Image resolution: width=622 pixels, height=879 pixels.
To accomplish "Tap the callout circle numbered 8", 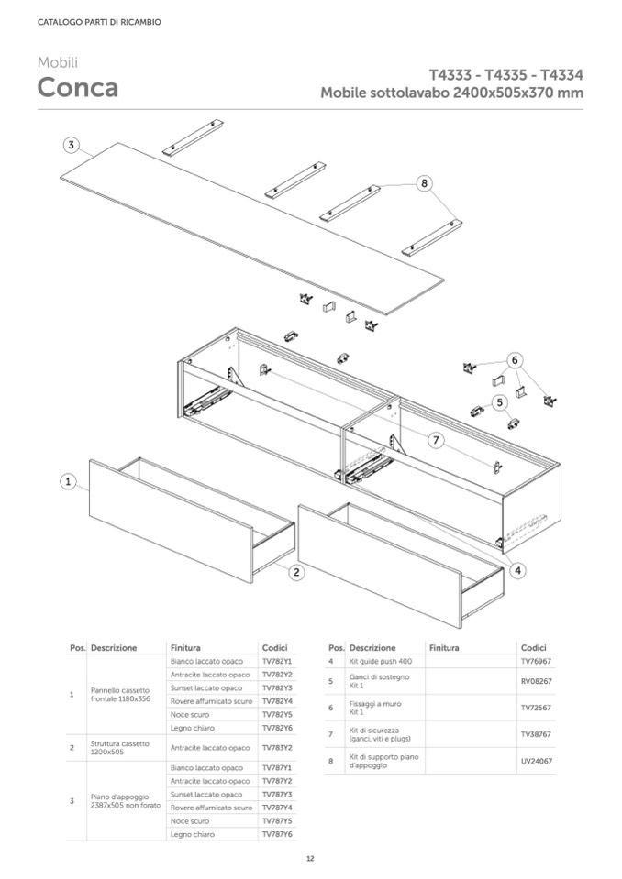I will pos(424,182).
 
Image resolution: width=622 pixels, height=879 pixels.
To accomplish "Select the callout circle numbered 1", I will pos(68,480).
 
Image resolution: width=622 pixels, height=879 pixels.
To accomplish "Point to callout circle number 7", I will pos(437,440).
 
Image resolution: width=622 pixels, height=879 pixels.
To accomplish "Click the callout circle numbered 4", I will pos(518,570).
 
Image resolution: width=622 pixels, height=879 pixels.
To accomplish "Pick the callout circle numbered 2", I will pos(296,573).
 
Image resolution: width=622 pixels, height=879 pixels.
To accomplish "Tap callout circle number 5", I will pos(500,401).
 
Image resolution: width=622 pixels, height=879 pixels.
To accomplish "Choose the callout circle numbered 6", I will pos(516,360).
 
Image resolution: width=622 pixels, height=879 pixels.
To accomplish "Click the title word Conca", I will pos(77,88).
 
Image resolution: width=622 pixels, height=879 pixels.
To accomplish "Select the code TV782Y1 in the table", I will pos(276,661).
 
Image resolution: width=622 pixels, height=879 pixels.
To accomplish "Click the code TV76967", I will pos(536,661).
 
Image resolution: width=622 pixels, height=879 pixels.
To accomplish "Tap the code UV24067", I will pos(536,761).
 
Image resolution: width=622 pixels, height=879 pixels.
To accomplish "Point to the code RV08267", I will pos(536,681).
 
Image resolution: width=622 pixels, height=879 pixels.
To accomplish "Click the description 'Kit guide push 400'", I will pos(381,661).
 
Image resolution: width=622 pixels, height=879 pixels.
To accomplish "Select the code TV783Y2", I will pos(276,747).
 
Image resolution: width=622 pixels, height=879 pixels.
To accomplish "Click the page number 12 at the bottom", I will pos(310,858).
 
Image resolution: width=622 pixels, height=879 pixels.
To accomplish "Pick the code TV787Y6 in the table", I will pos(276,834).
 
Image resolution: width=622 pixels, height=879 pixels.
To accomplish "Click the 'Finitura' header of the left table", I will pos(185,647).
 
